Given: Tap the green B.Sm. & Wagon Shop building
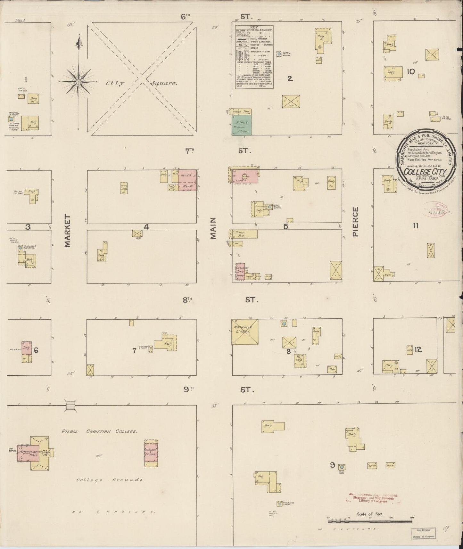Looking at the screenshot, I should pos(242,125).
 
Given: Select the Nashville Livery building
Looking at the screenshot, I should pos(245,332).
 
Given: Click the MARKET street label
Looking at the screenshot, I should pos(67,231).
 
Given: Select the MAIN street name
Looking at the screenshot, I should pos(213,228).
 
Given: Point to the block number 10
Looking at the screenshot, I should pos(410,72).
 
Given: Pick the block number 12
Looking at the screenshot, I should pos(418,350).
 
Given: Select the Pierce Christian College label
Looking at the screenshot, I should pos(100,431).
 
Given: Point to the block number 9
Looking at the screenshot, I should pos(333,464).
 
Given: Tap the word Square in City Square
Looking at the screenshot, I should pos(164,83).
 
